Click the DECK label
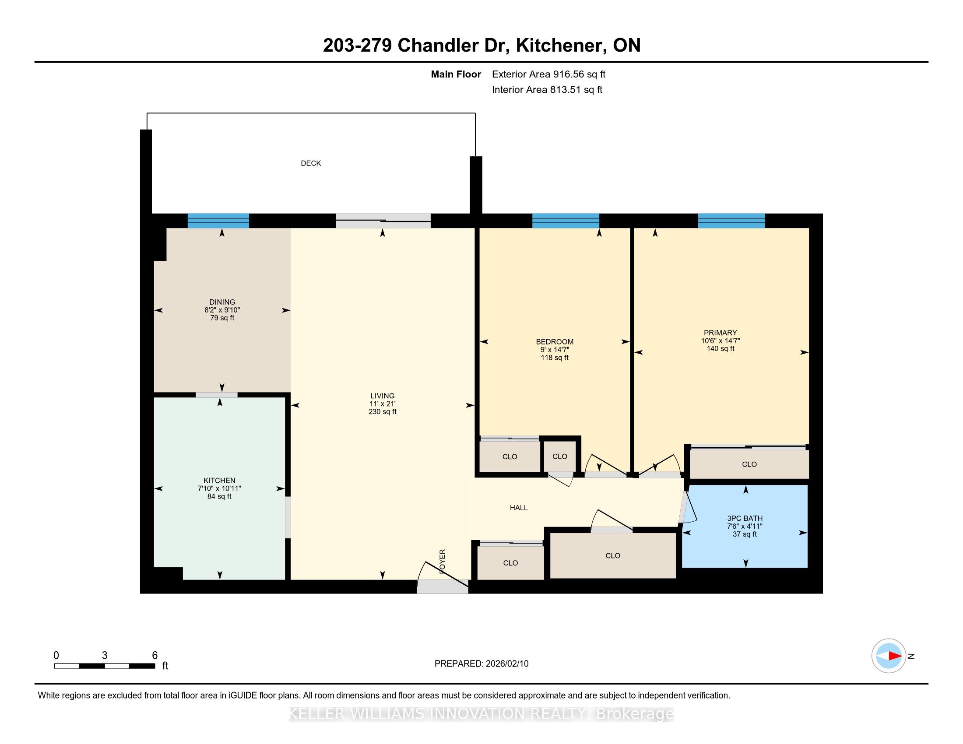click(x=311, y=163)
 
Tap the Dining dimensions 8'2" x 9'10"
click(x=222, y=310)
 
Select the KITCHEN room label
click(x=219, y=481)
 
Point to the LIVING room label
click(x=382, y=396)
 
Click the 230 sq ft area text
click(x=382, y=412)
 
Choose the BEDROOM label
click(x=555, y=342)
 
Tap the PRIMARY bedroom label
click(x=720, y=333)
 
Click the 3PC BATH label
click(x=745, y=518)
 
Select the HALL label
click(x=519, y=508)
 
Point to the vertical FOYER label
click(x=443, y=561)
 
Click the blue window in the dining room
click(x=218, y=221)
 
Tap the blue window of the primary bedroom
click(x=731, y=221)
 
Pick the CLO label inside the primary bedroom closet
click(x=749, y=464)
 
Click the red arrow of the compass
click(x=895, y=656)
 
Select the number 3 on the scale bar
click(x=105, y=655)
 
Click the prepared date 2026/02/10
click(x=507, y=663)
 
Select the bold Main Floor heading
click(x=456, y=74)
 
